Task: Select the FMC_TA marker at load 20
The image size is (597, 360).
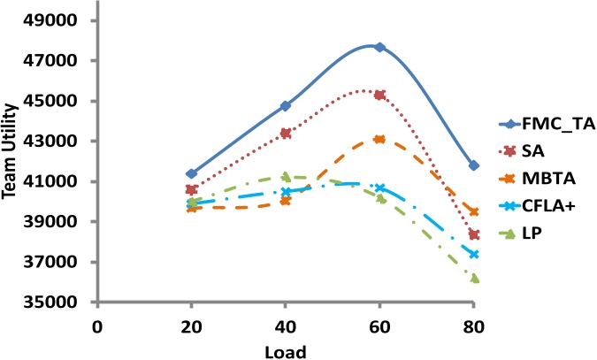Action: click(x=192, y=173)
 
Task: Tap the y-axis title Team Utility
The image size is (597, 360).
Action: click(x=13, y=160)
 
